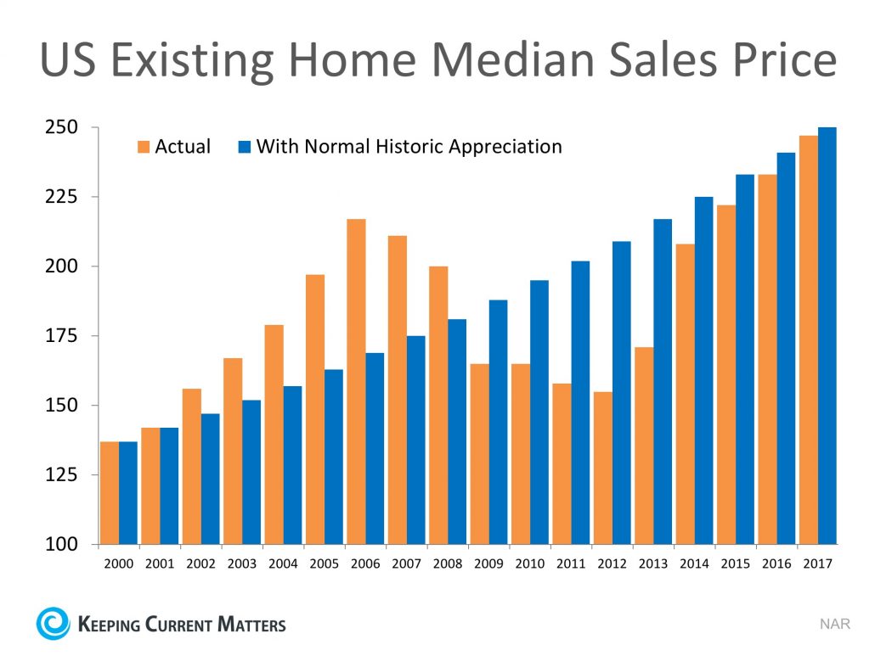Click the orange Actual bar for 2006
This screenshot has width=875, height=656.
(356, 381)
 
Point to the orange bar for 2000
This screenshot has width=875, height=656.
(110, 492)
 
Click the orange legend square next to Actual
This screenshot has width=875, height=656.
(142, 147)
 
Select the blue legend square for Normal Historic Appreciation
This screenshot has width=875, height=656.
(244, 147)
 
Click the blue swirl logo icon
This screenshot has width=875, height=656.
(52, 624)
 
